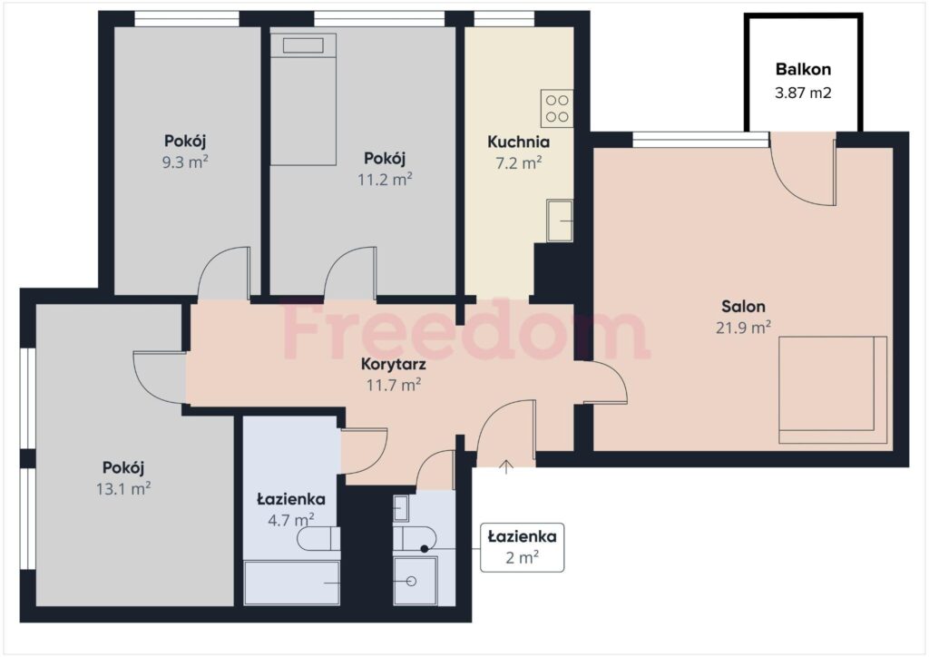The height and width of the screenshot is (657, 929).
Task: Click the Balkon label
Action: point(803,69)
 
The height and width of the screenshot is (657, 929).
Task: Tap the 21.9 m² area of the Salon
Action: point(743,327)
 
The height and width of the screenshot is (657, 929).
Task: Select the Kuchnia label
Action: point(518,142)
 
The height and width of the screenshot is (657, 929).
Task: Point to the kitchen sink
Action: point(560,221)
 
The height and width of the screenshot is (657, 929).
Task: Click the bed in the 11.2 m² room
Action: point(303,100)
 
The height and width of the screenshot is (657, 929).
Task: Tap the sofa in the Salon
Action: point(832,390)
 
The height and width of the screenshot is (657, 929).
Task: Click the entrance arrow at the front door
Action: point(506,467)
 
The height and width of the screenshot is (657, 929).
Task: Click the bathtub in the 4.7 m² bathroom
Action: point(291,583)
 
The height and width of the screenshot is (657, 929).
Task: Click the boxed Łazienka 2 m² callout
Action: point(523,547)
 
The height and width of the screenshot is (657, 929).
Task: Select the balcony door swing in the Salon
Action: point(802,172)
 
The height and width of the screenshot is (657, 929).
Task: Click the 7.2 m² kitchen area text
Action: point(518,162)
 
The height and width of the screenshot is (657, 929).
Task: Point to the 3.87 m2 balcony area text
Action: point(803,92)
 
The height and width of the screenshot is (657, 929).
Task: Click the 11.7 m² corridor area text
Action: point(393,385)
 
